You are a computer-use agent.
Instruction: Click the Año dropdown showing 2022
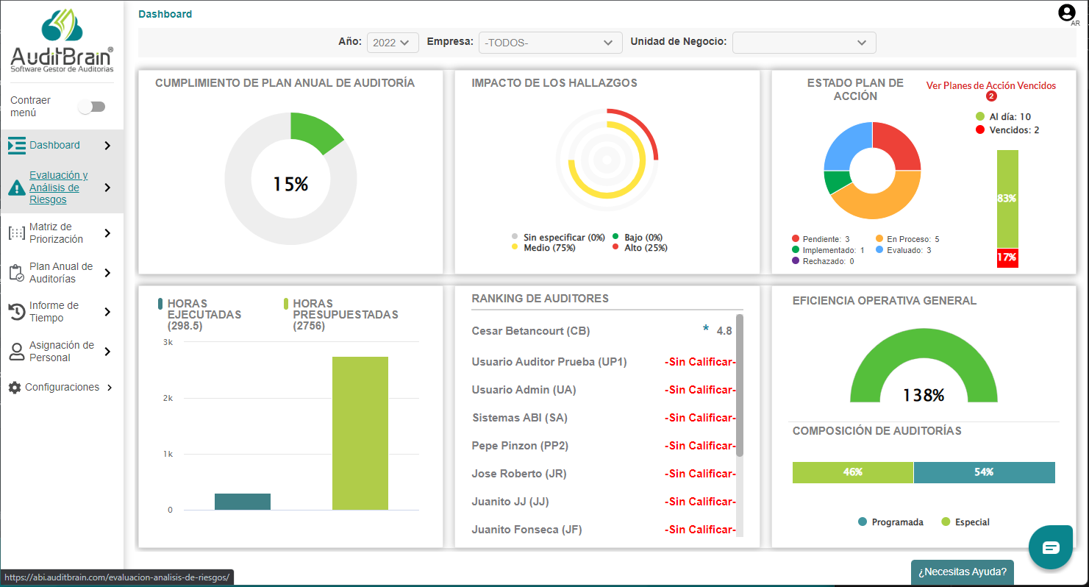tap(393, 43)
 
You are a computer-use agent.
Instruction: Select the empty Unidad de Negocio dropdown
tap(804, 43)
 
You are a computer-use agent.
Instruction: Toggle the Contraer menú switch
tap(93, 107)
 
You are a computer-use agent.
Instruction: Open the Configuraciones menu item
tap(62, 387)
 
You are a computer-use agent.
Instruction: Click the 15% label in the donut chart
tap(290, 184)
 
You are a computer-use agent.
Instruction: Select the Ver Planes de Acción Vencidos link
tap(990, 86)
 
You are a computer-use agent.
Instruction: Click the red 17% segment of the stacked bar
tap(1007, 257)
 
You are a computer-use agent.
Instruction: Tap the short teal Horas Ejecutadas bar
tap(243, 502)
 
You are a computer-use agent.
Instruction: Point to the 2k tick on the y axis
tap(168, 398)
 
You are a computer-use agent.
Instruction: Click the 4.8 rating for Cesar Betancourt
tap(724, 331)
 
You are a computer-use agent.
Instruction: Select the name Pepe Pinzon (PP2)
tap(520, 446)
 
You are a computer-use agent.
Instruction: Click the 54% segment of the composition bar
tap(984, 472)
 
